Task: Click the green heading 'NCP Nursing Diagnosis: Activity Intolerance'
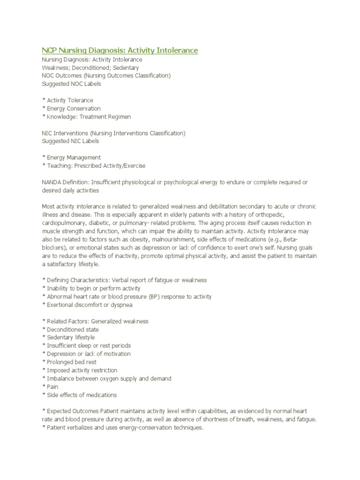(120, 50)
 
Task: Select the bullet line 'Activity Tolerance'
(69, 100)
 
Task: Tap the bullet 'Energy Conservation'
(73, 108)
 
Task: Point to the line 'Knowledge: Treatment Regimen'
(89, 117)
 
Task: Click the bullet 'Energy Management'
(73, 157)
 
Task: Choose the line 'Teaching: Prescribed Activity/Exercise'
(96, 165)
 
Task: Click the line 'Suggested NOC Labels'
(71, 84)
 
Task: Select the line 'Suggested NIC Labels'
(70, 141)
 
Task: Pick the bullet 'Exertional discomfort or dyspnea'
(89, 305)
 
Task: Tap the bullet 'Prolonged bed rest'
(71, 362)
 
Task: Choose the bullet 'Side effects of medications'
(81, 395)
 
